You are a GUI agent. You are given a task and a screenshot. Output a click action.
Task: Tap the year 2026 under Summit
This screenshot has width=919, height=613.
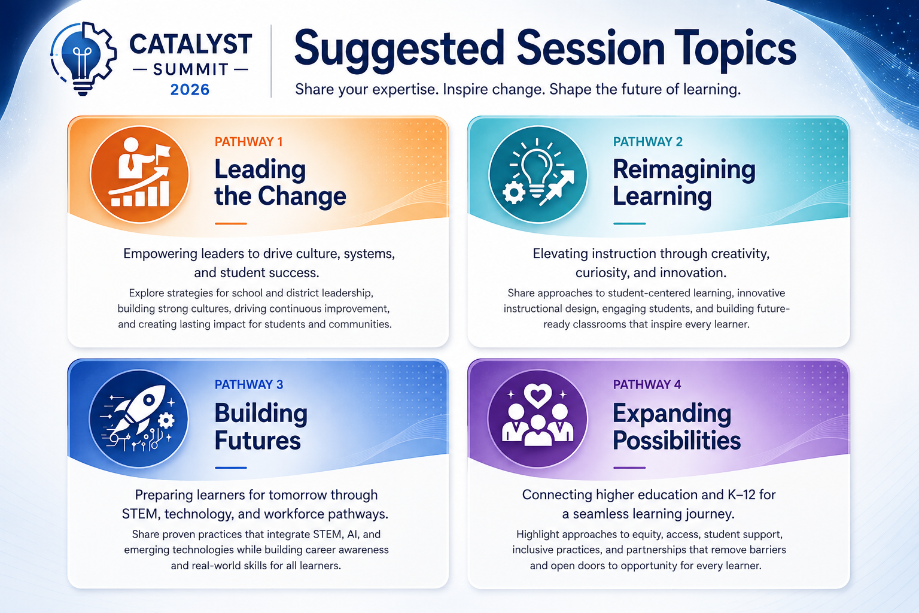click(x=190, y=90)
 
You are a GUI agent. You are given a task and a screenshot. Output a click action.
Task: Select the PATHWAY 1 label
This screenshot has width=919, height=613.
click(x=249, y=142)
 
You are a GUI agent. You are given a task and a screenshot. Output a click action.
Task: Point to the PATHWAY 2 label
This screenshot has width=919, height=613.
click(x=648, y=142)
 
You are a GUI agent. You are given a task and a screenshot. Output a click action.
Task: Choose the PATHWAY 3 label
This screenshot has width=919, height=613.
click(x=249, y=384)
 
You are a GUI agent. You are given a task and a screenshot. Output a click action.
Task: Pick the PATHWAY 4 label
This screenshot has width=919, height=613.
click(x=647, y=384)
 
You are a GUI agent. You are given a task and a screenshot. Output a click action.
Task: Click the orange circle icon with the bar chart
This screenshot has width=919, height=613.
click(x=139, y=174)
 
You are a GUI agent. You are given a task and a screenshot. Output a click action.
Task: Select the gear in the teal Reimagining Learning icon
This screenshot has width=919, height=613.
click(x=513, y=192)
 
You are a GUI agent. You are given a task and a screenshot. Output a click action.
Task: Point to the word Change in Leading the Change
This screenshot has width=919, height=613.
click(x=302, y=196)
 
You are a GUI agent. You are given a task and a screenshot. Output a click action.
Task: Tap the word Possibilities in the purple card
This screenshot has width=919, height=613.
click(x=677, y=440)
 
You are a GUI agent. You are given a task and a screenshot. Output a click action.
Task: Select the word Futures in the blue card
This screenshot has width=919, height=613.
click(x=257, y=440)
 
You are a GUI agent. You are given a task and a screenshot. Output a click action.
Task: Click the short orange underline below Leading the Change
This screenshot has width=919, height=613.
click(x=230, y=223)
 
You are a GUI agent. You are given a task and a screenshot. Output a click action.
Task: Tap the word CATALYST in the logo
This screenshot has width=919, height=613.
click(x=190, y=44)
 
